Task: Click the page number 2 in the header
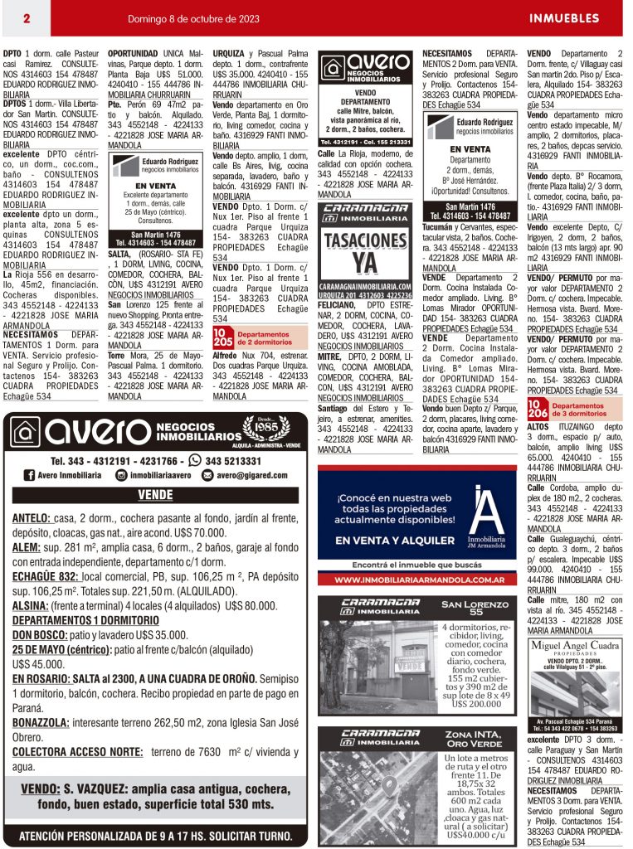pos(27,18)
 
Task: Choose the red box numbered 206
pos(538,408)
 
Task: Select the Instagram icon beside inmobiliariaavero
pos(121,475)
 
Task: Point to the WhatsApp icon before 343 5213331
pos(196,460)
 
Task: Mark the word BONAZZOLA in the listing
pos(41,723)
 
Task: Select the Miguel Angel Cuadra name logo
pos(575,645)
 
